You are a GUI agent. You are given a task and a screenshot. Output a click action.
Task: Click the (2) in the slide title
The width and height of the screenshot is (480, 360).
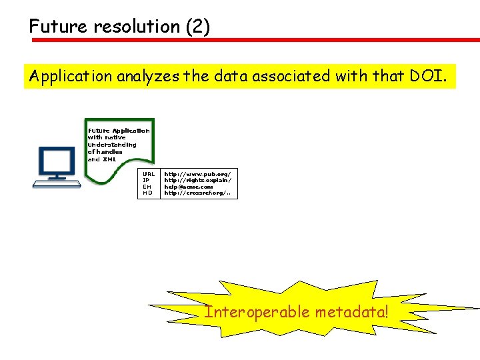pos(197,27)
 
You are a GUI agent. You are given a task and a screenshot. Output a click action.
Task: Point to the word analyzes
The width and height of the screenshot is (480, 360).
pos(148,77)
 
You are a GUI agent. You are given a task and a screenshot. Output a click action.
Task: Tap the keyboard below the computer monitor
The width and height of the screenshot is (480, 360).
pos(57,182)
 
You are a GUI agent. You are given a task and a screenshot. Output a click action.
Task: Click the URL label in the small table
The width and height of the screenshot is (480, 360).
pos(149,173)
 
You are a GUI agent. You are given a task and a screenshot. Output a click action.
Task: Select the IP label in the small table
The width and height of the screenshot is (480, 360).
pos(145,180)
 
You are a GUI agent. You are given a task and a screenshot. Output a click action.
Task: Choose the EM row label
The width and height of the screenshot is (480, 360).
pos(147,187)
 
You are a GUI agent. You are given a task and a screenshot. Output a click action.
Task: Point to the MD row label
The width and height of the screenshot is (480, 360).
pos(147,193)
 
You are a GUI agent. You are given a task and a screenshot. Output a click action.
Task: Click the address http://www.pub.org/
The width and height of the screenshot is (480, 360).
pos(197,173)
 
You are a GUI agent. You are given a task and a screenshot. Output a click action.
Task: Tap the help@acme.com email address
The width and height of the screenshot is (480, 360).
pos(189,187)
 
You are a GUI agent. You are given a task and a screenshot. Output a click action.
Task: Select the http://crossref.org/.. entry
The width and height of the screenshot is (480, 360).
pos(198,193)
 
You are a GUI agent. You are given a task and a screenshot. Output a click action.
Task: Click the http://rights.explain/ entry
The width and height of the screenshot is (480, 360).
pos(198,180)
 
